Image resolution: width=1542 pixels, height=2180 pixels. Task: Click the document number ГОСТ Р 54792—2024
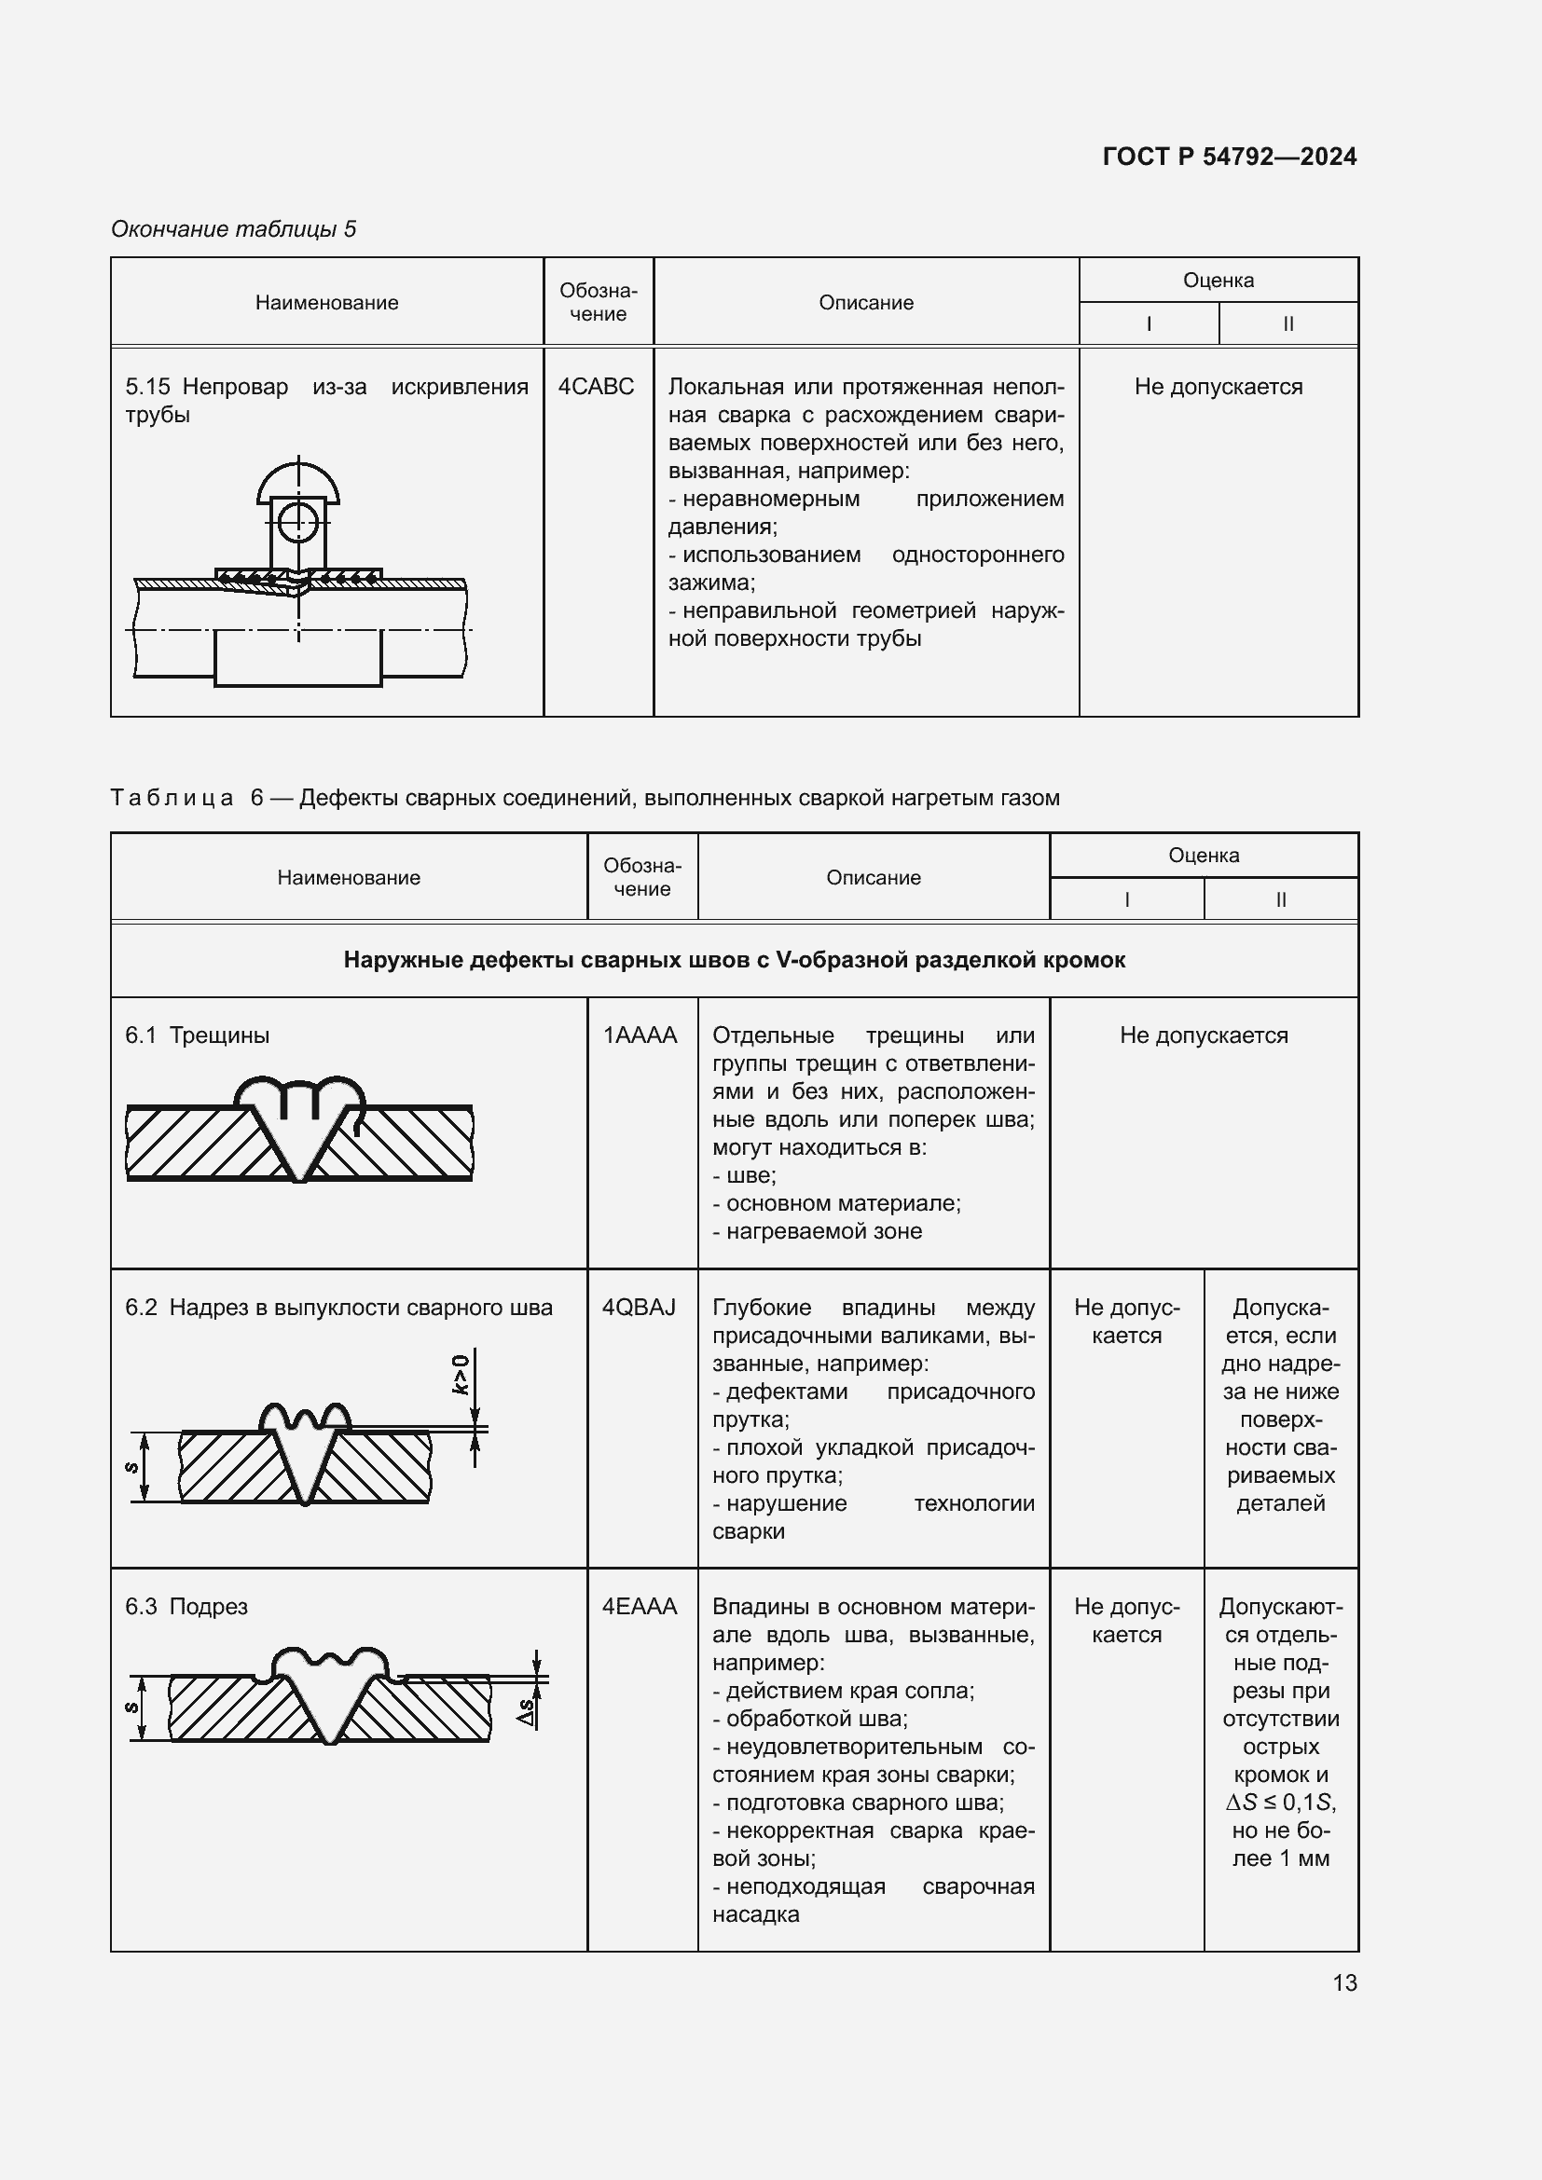(1230, 157)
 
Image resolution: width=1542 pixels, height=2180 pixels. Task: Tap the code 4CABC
(596, 387)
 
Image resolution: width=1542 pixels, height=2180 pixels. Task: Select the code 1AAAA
(640, 1035)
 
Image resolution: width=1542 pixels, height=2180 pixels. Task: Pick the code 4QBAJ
(639, 1308)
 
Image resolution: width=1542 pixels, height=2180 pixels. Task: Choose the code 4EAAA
(640, 1607)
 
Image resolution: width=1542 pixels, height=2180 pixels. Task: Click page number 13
(1344, 1982)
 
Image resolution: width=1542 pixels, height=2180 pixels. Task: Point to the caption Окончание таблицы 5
(234, 229)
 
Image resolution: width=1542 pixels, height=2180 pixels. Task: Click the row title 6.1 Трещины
(198, 1035)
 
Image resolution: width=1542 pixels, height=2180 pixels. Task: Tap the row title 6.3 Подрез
(186, 1607)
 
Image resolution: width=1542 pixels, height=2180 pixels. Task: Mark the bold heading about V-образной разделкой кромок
(734, 960)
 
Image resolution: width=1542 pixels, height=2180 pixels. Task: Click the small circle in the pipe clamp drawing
(298, 521)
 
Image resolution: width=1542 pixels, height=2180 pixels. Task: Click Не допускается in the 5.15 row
(1218, 387)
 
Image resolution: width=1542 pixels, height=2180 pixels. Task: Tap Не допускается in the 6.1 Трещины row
(1203, 1035)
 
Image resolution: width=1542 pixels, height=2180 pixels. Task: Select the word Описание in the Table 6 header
(873, 877)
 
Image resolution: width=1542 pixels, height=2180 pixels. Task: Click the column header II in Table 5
(1287, 323)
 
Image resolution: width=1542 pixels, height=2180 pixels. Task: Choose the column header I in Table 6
(1126, 899)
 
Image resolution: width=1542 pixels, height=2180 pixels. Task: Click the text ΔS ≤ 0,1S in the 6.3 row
(1280, 1803)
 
